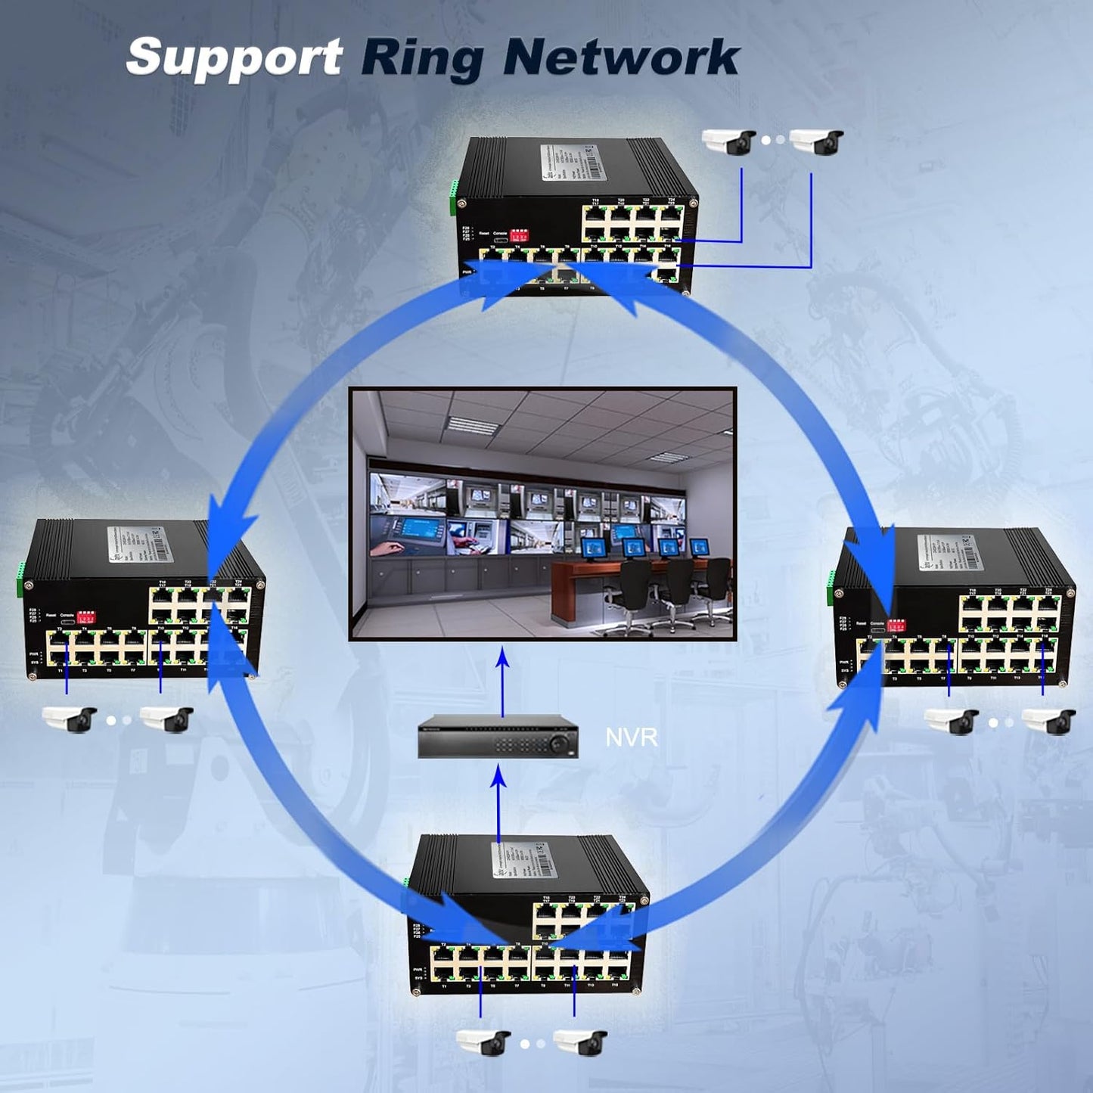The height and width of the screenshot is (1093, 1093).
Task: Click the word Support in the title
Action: coord(234,57)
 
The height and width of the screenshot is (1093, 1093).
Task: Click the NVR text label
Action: coord(632,737)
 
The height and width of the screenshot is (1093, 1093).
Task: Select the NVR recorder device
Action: coord(498,736)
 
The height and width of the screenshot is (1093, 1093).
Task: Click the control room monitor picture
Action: coord(542,514)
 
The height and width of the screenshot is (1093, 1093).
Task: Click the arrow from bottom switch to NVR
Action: coord(498,802)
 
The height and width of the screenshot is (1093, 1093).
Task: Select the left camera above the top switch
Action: coord(728,141)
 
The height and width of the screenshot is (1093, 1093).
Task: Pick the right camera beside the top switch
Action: coord(816,141)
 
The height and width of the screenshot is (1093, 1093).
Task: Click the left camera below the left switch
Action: coord(70,719)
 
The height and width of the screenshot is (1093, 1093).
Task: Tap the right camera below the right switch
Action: coord(1048,720)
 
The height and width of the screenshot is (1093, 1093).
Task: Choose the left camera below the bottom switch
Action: coord(483,1042)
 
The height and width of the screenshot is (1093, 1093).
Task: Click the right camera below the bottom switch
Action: coord(580,1042)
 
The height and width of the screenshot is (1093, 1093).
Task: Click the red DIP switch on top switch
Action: coord(520,234)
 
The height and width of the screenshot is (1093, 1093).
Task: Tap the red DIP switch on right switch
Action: coord(897,626)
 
